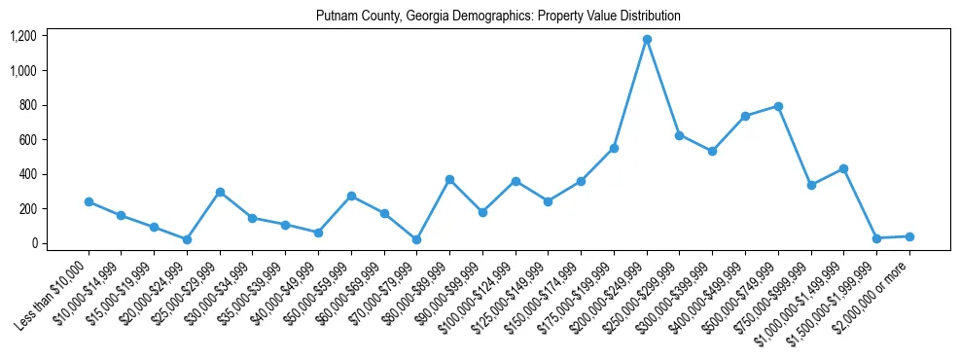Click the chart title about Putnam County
498,17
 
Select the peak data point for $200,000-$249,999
647,39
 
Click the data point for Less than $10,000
89,201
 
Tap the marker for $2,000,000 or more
909,236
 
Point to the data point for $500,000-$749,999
778,106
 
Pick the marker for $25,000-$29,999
220,192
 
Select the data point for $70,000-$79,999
416,239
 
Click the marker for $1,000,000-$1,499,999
843,168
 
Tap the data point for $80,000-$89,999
449,179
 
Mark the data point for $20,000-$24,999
187,239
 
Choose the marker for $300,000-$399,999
712,151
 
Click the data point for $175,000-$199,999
614,148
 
